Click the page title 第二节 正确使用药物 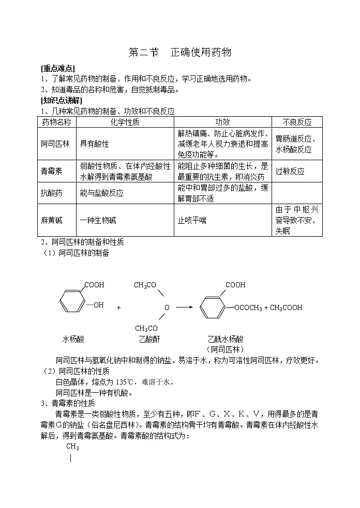pos(179,53)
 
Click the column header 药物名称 pos(56,122)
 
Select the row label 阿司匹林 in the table pos(55,144)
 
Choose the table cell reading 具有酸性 pos(94,144)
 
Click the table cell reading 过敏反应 pos(290,171)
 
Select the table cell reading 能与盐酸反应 pos(101,193)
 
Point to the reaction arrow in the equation pos(184,307)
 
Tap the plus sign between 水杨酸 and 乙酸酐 pos(118,307)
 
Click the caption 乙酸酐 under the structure pos(149,340)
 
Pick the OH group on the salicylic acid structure pos(98,305)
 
